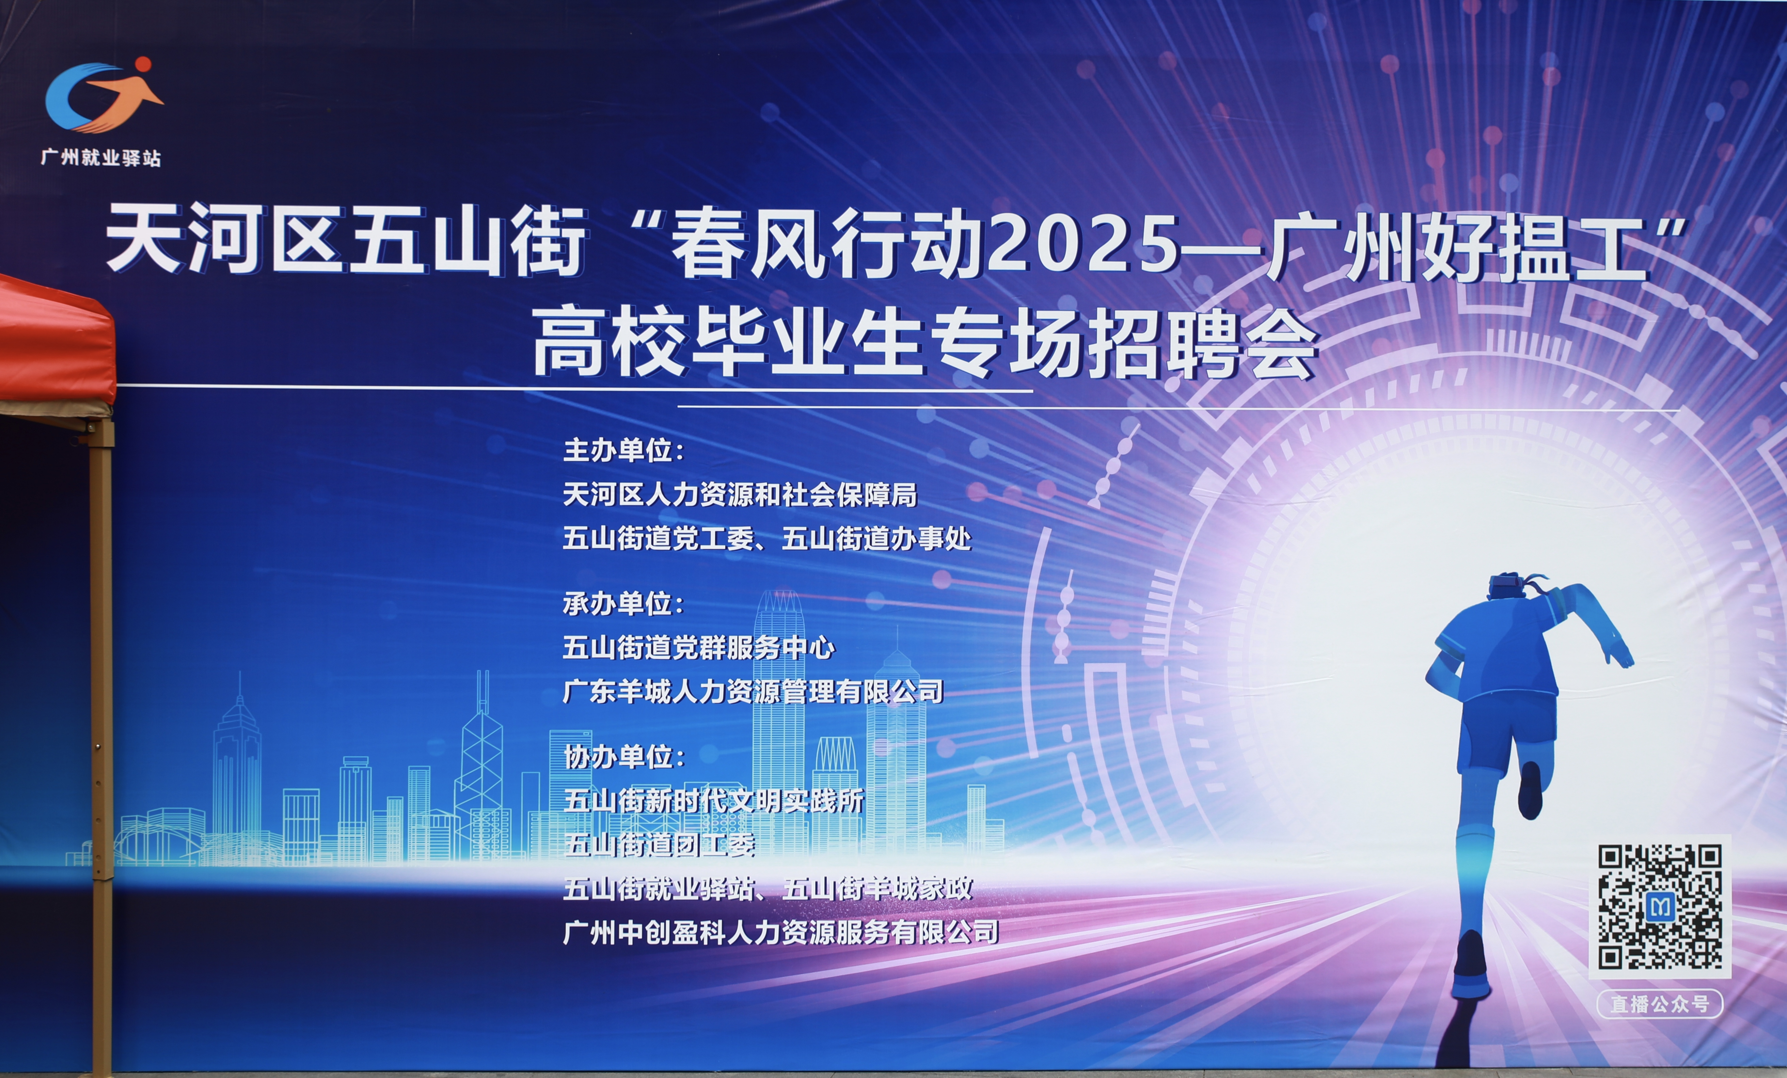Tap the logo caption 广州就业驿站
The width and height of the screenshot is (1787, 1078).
click(x=101, y=157)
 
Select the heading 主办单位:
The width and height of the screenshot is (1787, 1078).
click(x=624, y=450)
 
